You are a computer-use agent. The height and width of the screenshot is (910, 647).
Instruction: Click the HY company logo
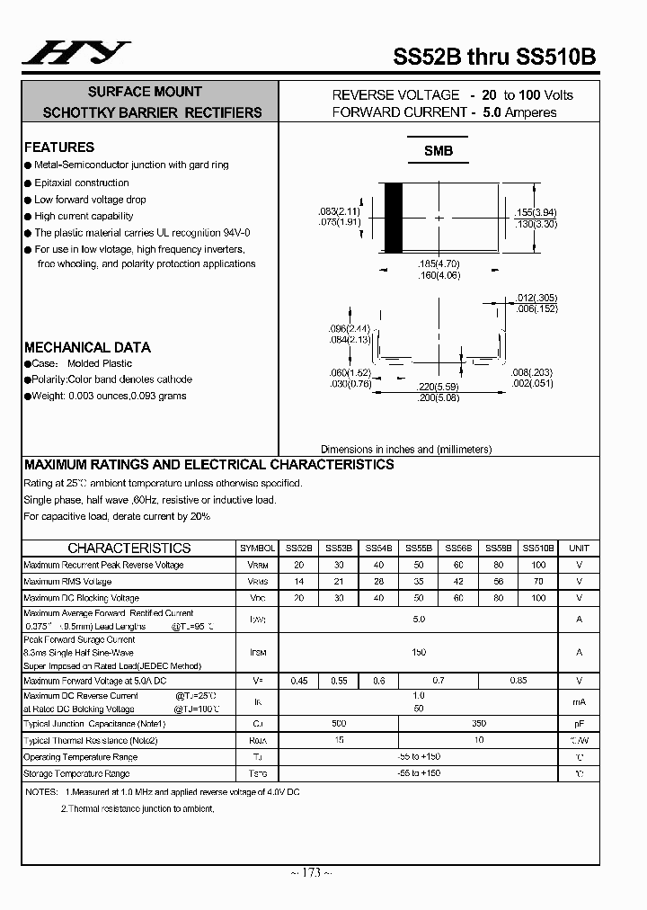(x=75, y=53)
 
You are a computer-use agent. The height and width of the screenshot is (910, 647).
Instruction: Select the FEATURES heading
(x=59, y=147)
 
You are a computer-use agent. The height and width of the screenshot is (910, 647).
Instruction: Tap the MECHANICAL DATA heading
(x=87, y=347)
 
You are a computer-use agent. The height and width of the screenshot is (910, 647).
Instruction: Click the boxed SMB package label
(x=439, y=151)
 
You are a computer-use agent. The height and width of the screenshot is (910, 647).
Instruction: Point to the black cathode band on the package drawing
(x=393, y=218)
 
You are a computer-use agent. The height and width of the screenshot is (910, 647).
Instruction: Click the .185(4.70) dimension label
(x=439, y=264)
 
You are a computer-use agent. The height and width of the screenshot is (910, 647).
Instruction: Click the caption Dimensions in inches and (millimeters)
(x=406, y=449)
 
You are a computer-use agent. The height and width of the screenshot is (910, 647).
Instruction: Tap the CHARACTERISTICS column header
(x=129, y=548)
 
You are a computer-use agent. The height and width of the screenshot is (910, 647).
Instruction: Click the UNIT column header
(x=579, y=548)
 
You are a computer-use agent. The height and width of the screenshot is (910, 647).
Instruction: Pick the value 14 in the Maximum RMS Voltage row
(x=298, y=582)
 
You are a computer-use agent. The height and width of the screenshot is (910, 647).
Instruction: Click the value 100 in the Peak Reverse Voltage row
(x=538, y=565)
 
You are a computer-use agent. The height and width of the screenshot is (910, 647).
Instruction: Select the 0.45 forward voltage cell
(x=298, y=681)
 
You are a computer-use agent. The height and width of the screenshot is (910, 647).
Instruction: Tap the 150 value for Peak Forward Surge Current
(x=419, y=652)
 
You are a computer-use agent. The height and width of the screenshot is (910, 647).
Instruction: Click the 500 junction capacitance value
(x=339, y=723)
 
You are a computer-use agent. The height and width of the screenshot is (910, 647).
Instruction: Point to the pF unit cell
(x=579, y=723)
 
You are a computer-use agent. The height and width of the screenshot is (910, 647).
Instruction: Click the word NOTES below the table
(x=41, y=792)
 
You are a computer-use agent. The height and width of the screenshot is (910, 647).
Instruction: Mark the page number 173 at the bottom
(x=311, y=873)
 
